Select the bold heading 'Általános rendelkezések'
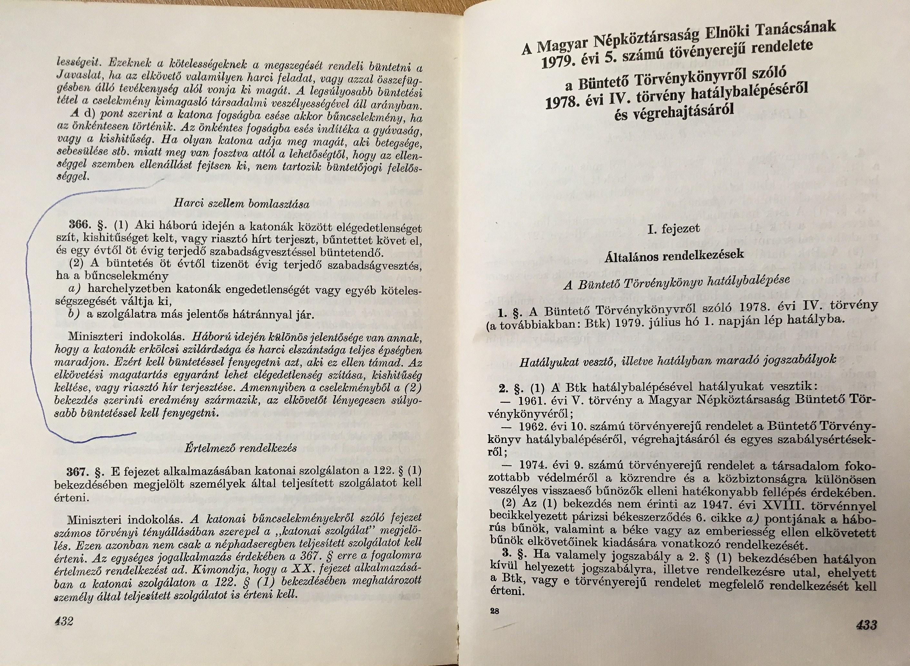(x=674, y=256)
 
